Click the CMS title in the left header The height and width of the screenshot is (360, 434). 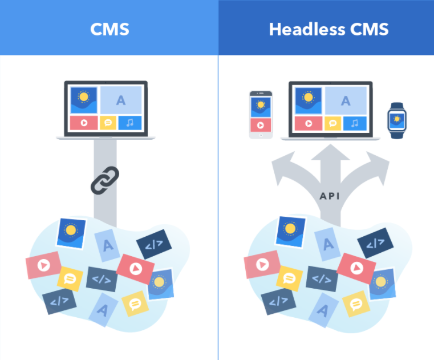[x=109, y=29]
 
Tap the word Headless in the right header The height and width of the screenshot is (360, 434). [x=307, y=29]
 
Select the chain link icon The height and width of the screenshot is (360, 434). [x=105, y=180]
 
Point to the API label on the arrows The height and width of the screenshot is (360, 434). [x=330, y=196]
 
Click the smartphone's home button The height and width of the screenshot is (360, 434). [x=261, y=135]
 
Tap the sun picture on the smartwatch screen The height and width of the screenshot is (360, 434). [x=397, y=120]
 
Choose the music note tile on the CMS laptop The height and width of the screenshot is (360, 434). [x=130, y=123]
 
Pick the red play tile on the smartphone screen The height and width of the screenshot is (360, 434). [x=261, y=125]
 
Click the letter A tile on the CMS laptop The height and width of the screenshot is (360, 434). [x=121, y=100]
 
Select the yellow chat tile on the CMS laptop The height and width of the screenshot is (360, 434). [x=108, y=123]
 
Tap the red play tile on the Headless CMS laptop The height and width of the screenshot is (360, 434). [x=309, y=123]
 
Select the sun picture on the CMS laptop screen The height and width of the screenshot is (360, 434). [x=84, y=100]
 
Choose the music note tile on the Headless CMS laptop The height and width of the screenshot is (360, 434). [x=355, y=123]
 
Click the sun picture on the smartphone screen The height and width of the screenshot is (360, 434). [x=261, y=107]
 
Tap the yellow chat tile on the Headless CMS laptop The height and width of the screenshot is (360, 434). [x=332, y=123]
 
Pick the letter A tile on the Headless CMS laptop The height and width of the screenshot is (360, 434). [x=346, y=100]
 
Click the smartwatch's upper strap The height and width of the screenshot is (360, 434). [x=397, y=106]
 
